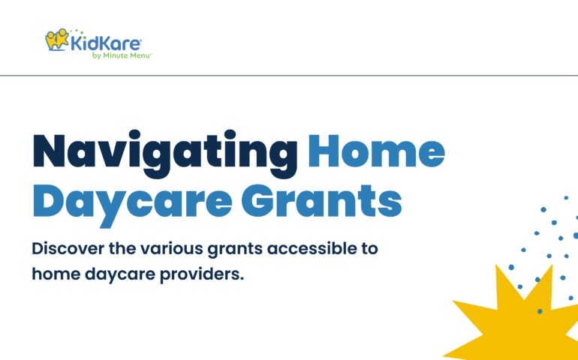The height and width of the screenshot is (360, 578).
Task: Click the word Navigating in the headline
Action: [x=165, y=154]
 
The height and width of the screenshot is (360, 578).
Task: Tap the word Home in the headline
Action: [x=376, y=151]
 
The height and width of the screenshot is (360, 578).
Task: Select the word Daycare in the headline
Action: [x=132, y=204]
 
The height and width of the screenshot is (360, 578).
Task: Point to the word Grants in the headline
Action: [x=321, y=201]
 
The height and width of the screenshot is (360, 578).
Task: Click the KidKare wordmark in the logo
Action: [x=106, y=43]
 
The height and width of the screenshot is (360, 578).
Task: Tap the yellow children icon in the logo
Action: [x=57, y=40]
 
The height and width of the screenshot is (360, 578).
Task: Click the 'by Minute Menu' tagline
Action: [x=122, y=55]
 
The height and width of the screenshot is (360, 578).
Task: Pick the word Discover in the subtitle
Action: [x=68, y=249]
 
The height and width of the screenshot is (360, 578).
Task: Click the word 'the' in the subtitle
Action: [x=122, y=249]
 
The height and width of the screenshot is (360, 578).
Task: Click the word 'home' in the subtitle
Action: [x=56, y=274]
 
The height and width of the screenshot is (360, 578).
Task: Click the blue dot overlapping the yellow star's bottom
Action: [x=540, y=311]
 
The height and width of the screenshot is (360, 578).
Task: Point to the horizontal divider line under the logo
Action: [x=289, y=76]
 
